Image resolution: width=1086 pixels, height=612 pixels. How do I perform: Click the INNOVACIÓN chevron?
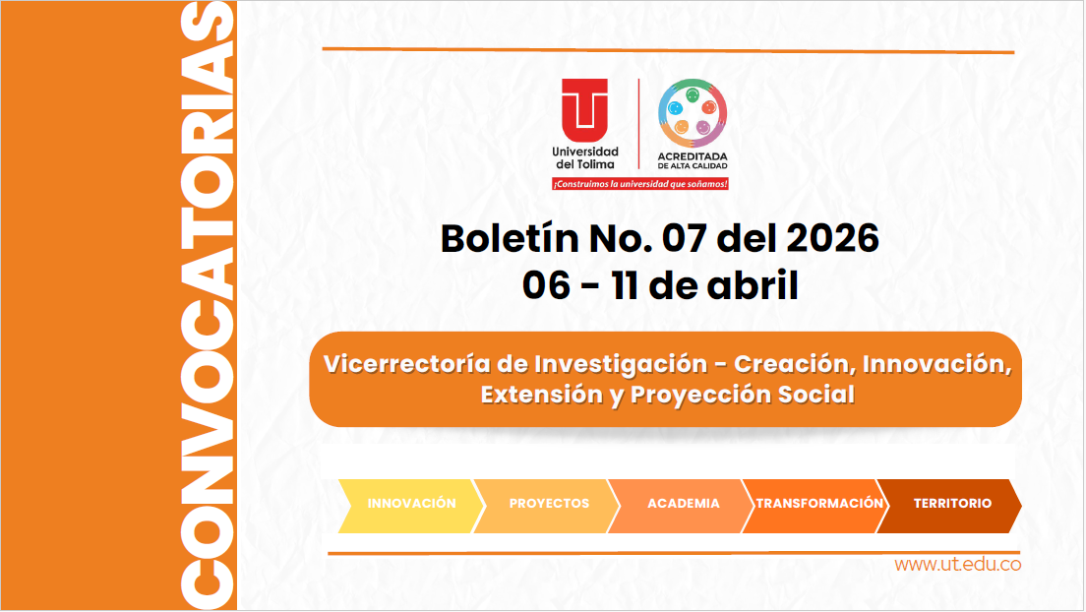411,504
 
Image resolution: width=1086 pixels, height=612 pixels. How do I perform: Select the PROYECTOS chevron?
549,504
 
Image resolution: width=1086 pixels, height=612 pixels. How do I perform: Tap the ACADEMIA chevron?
683,504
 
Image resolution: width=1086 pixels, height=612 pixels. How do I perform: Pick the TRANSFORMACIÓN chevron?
818,504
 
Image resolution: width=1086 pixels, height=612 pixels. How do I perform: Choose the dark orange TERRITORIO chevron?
951,504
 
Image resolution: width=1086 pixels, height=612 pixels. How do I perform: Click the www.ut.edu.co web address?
957,565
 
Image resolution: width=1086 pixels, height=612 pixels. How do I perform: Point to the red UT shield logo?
585,110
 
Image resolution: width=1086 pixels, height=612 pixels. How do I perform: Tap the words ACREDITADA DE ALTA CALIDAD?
693,161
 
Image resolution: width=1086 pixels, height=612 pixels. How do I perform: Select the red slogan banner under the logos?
639,184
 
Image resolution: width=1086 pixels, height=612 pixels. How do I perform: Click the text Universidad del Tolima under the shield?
585,157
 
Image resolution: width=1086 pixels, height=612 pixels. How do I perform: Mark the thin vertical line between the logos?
639,123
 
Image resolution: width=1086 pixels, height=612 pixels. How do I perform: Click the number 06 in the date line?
547,285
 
